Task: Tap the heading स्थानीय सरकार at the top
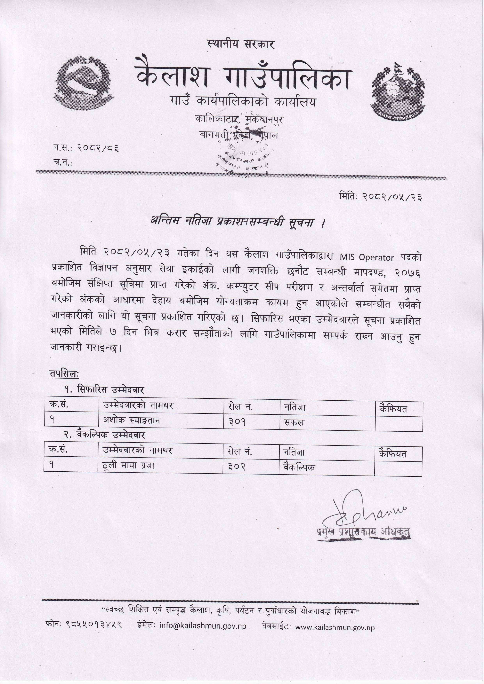click(241, 44)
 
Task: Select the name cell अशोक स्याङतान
click(132, 421)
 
